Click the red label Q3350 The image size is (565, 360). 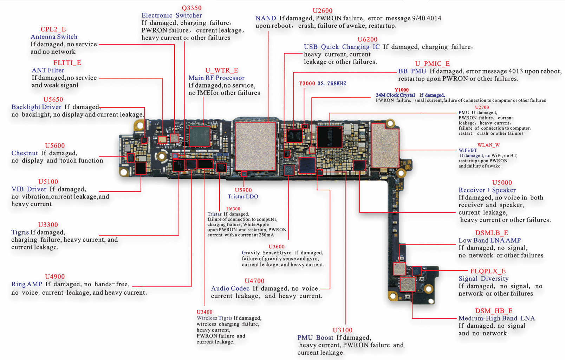click(x=191, y=8)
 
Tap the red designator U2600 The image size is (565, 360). click(x=322, y=11)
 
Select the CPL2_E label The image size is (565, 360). click(x=53, y=29)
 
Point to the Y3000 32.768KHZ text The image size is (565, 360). click(x=323, y=84)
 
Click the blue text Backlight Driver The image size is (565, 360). click(x=36, y=107)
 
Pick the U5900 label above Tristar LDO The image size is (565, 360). click(x=243, y=190)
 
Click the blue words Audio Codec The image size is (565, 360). click(x=230, y=288)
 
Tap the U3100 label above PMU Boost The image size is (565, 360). click(x=342, y=330)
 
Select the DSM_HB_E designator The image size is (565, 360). click(x=494, y=311)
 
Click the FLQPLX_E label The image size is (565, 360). click(x=488, y=271)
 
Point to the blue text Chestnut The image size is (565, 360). click(x=25, y=153)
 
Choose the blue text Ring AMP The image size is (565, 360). click(x=27, y=284)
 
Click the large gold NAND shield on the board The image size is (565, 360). click(x=255, y=146)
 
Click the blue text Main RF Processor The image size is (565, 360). click(x=216, y=78)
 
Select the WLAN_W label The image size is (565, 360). click(x=488, y=145)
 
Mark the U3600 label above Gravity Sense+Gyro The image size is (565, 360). click(x=277, y=247)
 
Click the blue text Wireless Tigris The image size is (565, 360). click(x=214, y=318)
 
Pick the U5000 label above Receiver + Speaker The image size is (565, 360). click(x=502, y=183)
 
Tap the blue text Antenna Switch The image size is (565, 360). click(x=54, y=37)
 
